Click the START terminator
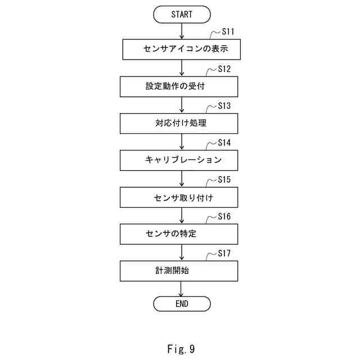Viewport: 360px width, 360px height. click(182, 14)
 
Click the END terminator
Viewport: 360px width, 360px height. click(182, 304)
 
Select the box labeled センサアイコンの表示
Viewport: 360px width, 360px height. click(182, 49)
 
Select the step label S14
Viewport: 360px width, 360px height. click(224, 143)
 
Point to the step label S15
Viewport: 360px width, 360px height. click(224, 181)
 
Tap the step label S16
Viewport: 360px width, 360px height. click(224, 217)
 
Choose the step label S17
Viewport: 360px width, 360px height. click(224, 254)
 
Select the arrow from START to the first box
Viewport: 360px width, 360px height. click(182, 31)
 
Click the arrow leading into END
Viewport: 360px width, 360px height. click(182, 289)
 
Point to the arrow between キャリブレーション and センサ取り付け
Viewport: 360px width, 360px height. click(182, 179)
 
